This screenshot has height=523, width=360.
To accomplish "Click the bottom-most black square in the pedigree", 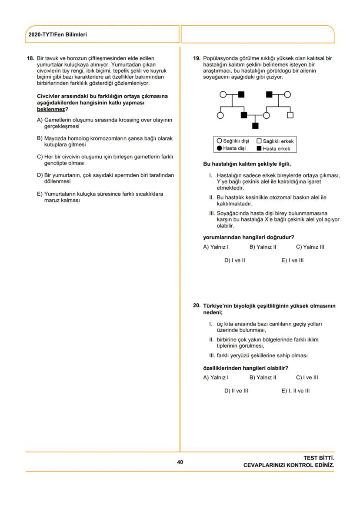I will [x=255, y=126].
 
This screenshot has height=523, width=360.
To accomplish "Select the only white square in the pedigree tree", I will [x=290, y=115].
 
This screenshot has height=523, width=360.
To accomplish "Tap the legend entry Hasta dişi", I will [x=231, y=148].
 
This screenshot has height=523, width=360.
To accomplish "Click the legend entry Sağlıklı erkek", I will [x=275, y=141].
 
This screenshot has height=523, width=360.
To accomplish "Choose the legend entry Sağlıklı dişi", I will [x=233, y=141].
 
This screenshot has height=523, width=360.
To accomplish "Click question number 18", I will [x=30, y=58].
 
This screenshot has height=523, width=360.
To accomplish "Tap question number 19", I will [x=197, y=58].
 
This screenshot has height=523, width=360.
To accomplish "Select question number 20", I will [x=197, y=306].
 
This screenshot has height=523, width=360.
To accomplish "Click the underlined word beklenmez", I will [x=51, y=109].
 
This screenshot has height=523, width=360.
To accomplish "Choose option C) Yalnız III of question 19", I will [x=310, y=247].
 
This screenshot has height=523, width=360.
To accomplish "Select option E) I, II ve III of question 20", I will [x=296, y=391].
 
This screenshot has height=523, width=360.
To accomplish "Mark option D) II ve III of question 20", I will [x=236, y=391].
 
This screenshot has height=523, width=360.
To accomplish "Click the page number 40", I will [x=180, y=462].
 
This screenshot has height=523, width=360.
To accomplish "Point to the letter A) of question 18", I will [x=40, y=120].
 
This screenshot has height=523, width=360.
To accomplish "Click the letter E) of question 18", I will [x=40, y=194].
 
